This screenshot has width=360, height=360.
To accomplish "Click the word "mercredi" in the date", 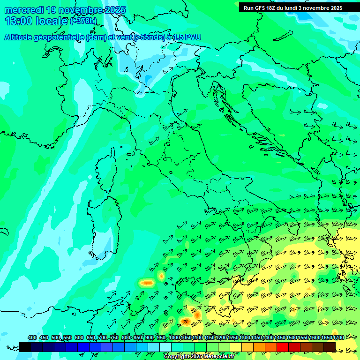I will tap(21, 10).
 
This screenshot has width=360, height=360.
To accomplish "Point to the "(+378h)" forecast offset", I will tap(83, 21).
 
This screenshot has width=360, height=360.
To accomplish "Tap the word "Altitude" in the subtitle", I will tap(21, 37).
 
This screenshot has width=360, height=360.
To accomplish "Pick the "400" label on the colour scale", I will tap(32, 337).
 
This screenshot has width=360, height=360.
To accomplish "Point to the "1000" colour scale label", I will tap(174, 337).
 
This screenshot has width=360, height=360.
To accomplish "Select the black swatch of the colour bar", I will tap(25, 347).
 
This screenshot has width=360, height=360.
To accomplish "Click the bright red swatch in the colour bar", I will tap(283, 347).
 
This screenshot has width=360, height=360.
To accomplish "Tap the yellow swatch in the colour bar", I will tap(236, 347).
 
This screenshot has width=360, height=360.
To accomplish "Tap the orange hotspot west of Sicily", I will tap(148, 283).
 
